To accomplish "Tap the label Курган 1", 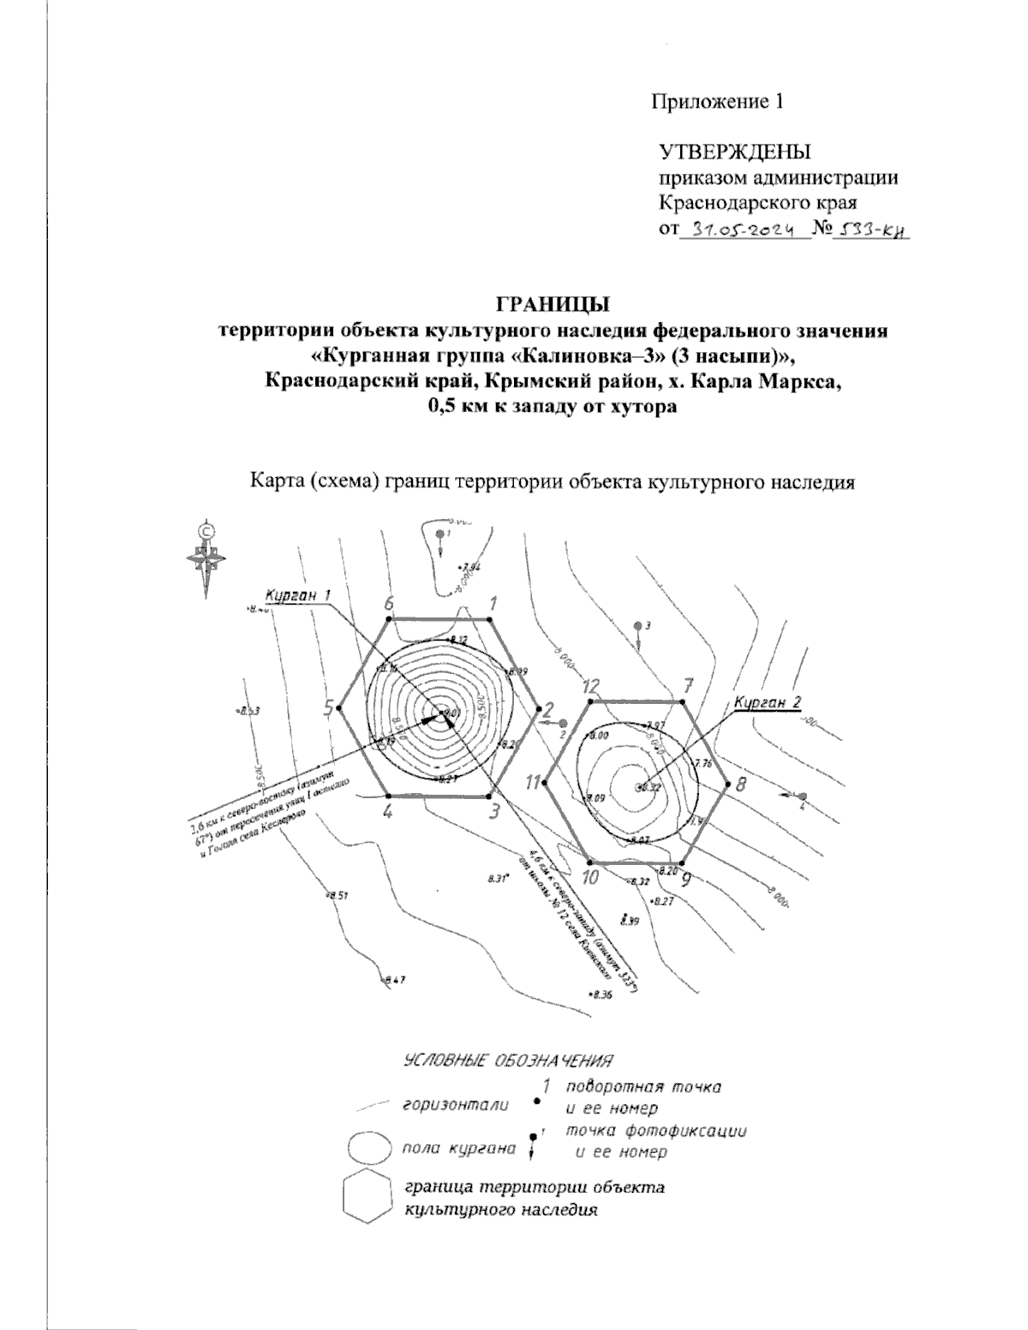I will [297, 596].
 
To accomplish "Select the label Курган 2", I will [768, 702].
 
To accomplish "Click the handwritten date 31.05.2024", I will [742, 230].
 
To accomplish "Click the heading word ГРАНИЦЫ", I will [553, 304].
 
